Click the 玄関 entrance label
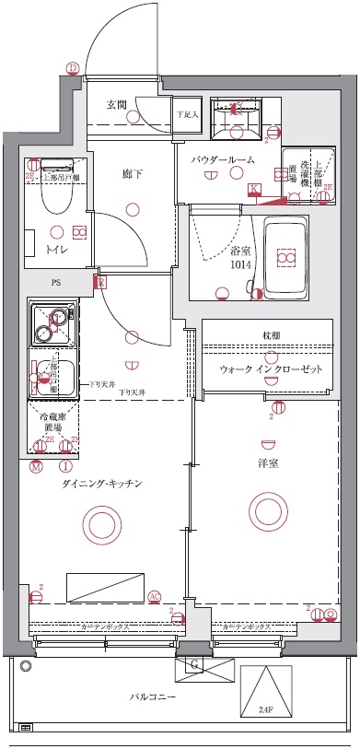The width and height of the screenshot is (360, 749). click(x=115, y=103)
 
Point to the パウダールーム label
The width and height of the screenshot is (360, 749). click(x=223, y=160)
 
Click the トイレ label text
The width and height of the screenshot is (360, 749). click(x=57, y=249)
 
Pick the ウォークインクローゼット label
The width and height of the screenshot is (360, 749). click(x=270, y=369)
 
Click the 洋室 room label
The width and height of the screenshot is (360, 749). click(x=270, y=462)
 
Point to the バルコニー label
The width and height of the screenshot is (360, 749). click(x=153, y=697)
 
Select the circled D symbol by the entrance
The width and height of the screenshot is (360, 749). click(x=73, y=66)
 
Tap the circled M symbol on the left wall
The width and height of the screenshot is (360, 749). click(x=36, y=466)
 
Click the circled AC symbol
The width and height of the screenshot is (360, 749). click(x=155, y=597)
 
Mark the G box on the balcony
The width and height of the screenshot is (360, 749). click(x=195, y=664)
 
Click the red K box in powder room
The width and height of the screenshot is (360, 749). click(x=254, y=189)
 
